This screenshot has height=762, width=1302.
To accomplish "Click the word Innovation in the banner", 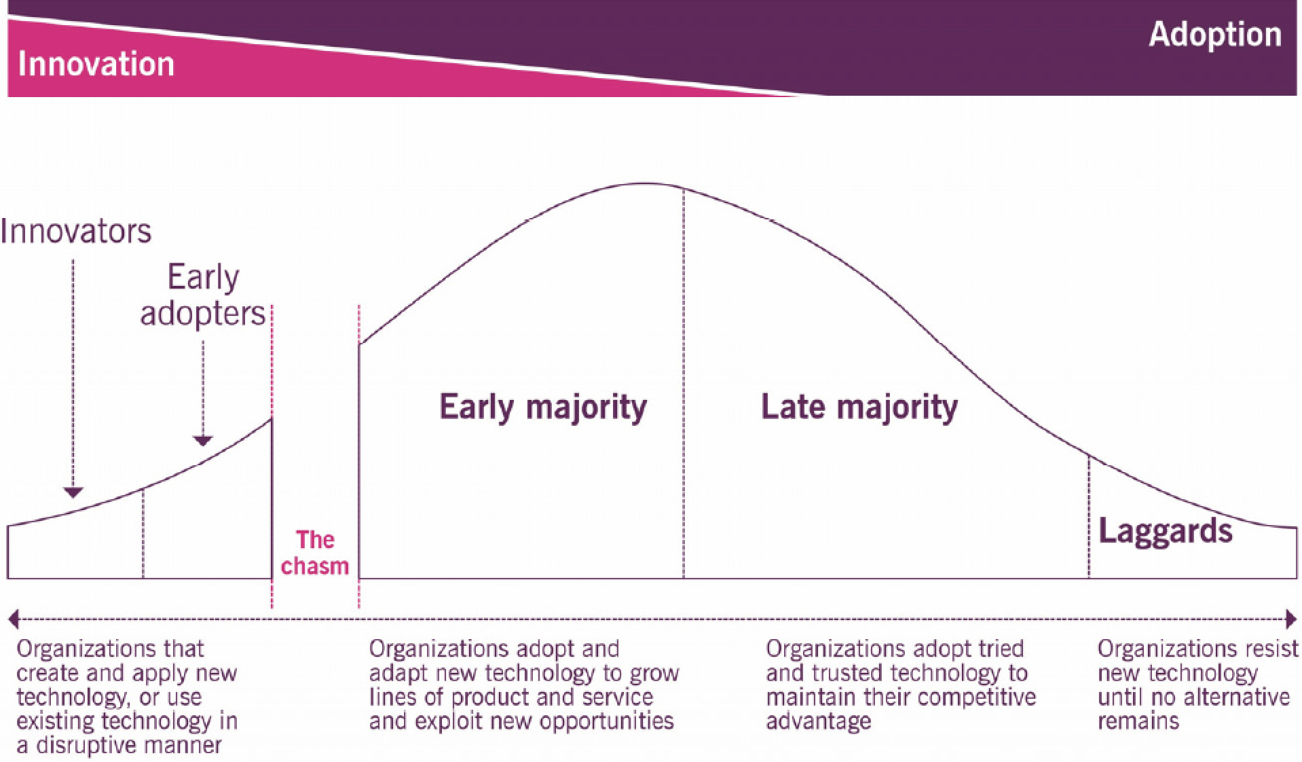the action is pos(96,65).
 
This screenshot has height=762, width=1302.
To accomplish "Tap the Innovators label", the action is pos(75,232).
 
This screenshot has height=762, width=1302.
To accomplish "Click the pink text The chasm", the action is pos(315,553).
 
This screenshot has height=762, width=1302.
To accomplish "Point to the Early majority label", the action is pos(543,407).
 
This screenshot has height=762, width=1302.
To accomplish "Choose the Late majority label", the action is pos(859,407).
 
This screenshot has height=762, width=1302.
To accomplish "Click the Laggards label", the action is pos(1166,531).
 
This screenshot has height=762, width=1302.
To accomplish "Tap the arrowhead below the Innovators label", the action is pos(73,492).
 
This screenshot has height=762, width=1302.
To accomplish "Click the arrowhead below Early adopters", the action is pos(203,441).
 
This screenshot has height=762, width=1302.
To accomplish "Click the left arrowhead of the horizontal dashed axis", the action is pos(13,619).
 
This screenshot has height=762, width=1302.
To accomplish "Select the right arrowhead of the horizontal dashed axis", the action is pos(1291,619).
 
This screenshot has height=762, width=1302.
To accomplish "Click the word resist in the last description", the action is pos(1267,649).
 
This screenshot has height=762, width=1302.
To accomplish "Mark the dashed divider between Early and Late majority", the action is pos(684,384).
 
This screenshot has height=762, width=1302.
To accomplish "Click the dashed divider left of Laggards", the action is pos(1089,517).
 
